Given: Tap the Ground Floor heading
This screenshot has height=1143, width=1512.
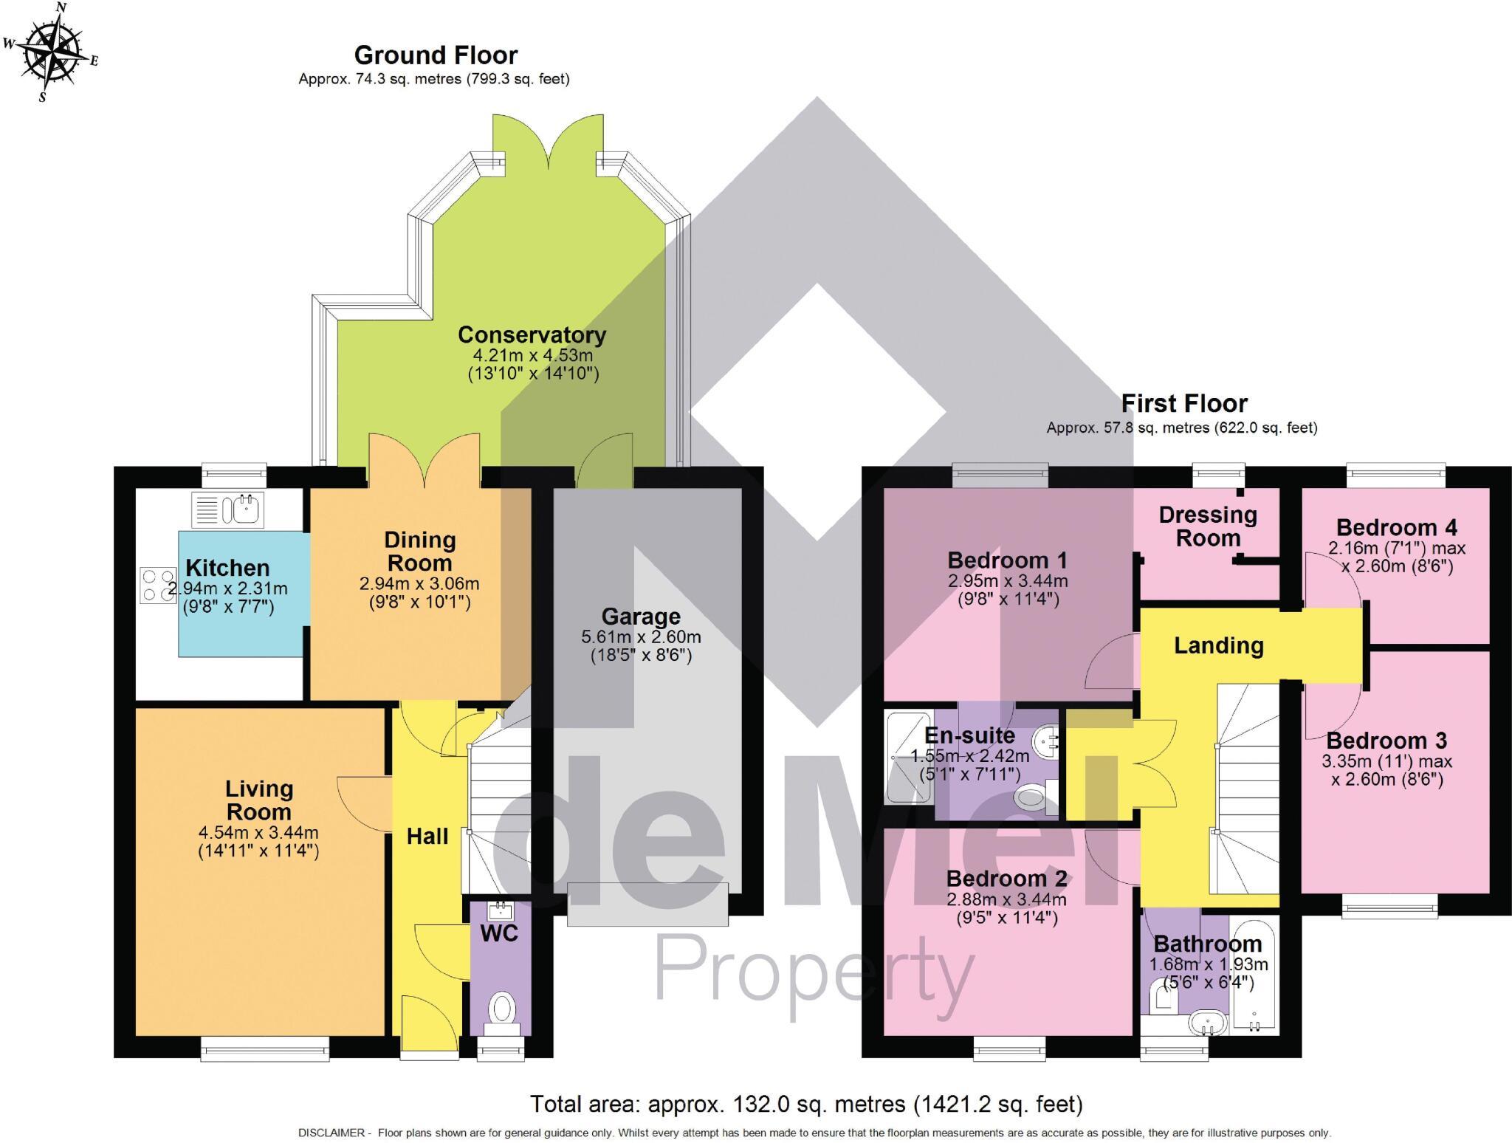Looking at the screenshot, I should coord(436,55).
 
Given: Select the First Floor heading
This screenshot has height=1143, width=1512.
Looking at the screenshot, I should coord(1183,403).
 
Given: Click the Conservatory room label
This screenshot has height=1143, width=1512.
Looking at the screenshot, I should coord(532,334).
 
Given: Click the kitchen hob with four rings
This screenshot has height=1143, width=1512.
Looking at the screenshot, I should coord(158,585).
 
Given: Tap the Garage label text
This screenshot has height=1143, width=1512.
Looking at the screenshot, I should coord(640,617).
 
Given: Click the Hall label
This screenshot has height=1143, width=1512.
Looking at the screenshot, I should coord(427,836).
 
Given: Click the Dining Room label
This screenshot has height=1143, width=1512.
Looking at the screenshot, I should coord(419,552).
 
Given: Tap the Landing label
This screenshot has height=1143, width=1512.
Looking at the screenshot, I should coord(1218,645).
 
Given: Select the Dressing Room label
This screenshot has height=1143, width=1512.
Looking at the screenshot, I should coord(1208,526).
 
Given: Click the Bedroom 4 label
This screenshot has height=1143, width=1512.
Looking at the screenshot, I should coord(1396,527).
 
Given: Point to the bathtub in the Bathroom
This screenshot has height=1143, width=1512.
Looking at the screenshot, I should coord(1254,975).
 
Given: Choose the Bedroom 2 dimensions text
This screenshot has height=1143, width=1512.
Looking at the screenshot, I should coord(1006,909).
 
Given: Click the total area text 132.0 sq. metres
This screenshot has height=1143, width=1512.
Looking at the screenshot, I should coord(805,1105).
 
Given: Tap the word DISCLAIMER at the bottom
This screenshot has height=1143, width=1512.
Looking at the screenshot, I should coord(331,1133).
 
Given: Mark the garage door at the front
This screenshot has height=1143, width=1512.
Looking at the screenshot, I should coord(647,904).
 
